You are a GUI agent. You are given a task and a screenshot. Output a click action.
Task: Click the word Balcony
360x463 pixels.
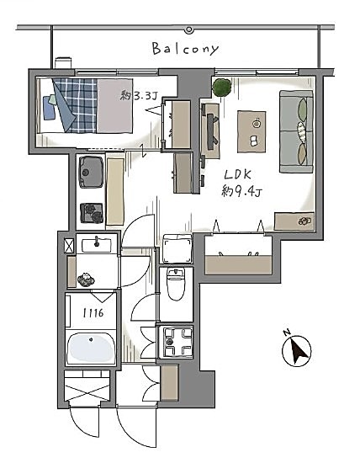click(x=186, y=49)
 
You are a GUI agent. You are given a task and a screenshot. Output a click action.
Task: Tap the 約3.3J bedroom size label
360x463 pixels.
click(x=139, y=96)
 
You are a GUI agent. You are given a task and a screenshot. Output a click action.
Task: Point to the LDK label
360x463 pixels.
click(x=238, y=175)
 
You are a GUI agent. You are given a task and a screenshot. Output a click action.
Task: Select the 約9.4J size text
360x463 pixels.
click(x=241, y=192)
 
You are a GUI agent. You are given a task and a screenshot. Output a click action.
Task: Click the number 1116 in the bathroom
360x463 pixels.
click(x=93, y=312)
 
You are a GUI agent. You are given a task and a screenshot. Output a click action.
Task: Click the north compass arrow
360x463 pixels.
click(x=299, y=350)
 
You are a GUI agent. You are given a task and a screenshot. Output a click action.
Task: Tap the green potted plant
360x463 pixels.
click(x=221, y=87)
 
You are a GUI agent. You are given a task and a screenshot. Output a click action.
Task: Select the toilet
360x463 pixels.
click(x=176, y=284)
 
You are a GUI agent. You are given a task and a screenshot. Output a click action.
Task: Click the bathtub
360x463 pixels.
click(x=91, y=349)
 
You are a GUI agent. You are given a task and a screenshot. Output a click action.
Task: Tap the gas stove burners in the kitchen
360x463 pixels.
click(x=92, y=213)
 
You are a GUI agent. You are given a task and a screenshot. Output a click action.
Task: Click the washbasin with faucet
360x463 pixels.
click(x=97, y=245)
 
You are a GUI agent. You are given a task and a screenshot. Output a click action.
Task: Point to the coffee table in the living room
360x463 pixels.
click(x=251, y=131)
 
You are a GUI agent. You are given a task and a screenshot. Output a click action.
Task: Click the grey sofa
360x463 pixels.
click(x=296, y=131)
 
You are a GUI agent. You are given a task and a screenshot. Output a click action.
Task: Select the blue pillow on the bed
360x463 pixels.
click(x=50, y=108)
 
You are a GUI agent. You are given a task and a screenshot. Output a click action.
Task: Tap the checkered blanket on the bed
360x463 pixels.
click(x=76, y=105)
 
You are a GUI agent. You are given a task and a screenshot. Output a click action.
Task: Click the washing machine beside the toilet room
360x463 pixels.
click(x=177, y=248)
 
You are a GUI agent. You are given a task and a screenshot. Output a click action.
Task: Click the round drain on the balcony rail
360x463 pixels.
click(x=188, y=29)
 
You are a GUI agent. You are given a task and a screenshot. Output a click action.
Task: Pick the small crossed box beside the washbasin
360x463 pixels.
click(x=69, y=246)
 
